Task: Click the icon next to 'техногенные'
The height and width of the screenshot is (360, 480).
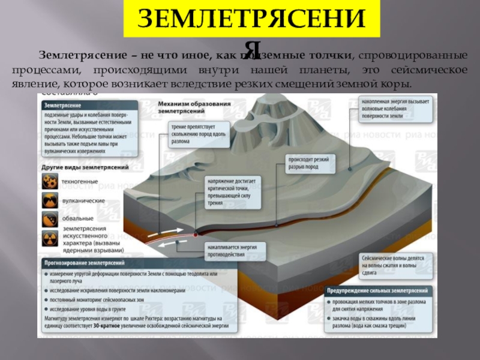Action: pyautogui.click(x=50, y=181)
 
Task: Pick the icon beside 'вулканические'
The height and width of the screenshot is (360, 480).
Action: pyautogui.click(x=50, y=200)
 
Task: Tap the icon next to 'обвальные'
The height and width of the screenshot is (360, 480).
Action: pyautogui.click(x=50, y=218)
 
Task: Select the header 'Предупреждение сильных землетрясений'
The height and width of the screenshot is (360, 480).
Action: pyautogui.click(x=376, y=290)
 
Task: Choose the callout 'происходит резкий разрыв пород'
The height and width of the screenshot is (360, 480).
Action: pyautogui.click(x=309, y=163)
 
